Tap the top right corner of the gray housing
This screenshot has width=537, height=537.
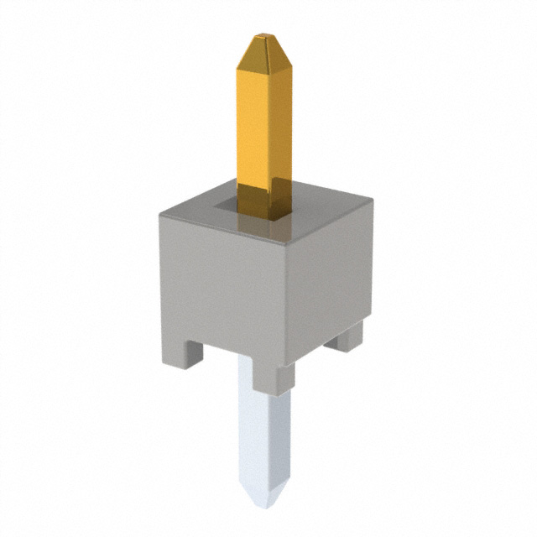point(372,197)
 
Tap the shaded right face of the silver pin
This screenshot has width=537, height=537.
point(282,436)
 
